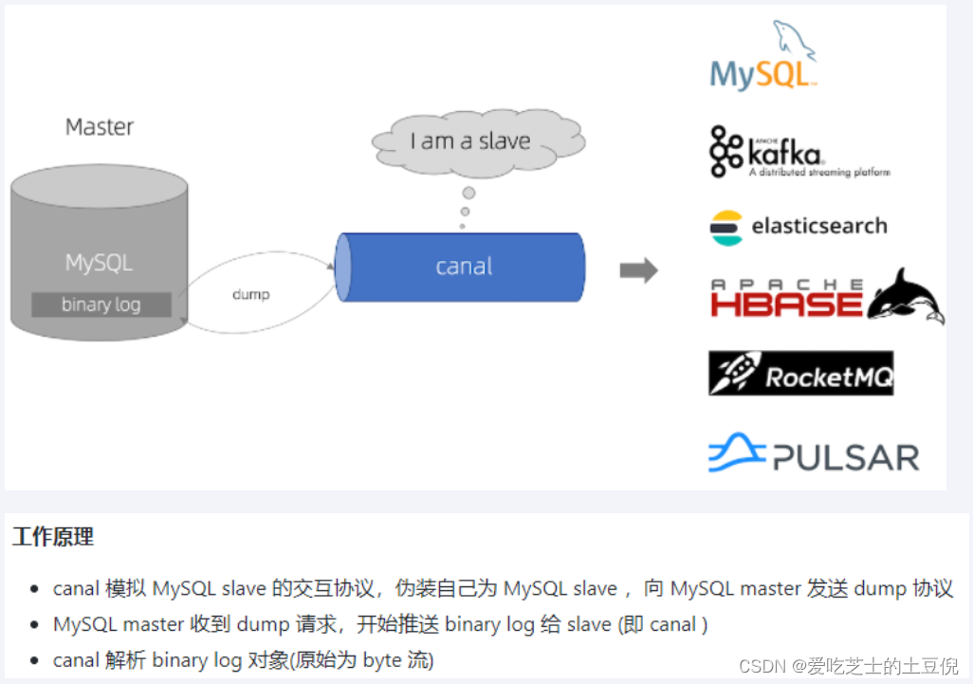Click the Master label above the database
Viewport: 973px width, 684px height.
coord(100,127)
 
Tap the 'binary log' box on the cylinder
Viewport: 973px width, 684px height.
coord(101,305)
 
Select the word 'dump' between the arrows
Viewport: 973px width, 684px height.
coord(250,294)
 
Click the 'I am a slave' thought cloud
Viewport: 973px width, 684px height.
coord(470,141)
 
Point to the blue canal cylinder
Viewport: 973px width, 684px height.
coord(462,267)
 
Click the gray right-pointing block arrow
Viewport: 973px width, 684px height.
coord(638,270)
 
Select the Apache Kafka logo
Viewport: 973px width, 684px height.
coord(799,152)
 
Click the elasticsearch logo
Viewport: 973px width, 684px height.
coord(799,227)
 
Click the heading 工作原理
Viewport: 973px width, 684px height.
coord(53,537)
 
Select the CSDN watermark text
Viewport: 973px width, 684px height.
coord(848,666)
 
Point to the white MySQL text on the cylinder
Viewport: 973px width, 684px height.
coord(100,263)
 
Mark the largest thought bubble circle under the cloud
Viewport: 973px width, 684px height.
coord(468,193)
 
